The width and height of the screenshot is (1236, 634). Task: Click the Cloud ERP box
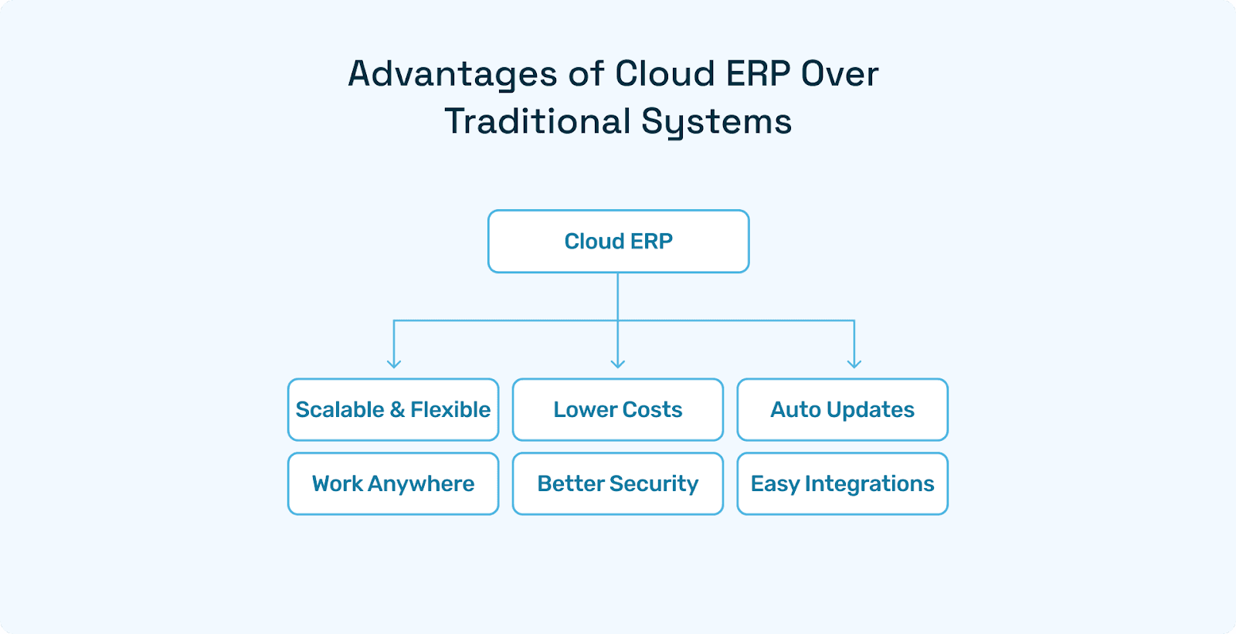(618, 242)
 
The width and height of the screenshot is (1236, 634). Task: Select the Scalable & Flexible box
(393, 409)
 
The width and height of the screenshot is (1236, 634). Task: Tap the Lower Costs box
(618, 409)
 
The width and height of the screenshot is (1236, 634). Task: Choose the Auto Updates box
(842, 409)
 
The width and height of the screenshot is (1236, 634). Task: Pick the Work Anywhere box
(393, 483)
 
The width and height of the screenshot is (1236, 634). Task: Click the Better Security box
(618, 483)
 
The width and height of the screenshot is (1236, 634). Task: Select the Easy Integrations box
(842, 483)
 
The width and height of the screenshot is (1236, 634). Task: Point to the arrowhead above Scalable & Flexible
(394, 363)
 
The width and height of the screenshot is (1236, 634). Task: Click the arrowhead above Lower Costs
(618, 363)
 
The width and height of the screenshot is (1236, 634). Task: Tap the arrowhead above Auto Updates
(854, 363)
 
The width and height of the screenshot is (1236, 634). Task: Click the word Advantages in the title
(452, 75)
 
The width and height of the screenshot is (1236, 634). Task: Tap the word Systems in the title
(716, 122)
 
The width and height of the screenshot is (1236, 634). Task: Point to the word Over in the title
(840, 74)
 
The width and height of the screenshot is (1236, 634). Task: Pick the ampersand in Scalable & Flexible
(397, 409)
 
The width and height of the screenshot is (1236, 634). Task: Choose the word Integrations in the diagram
(869, 483)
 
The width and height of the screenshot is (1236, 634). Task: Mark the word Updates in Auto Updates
(870, 409)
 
